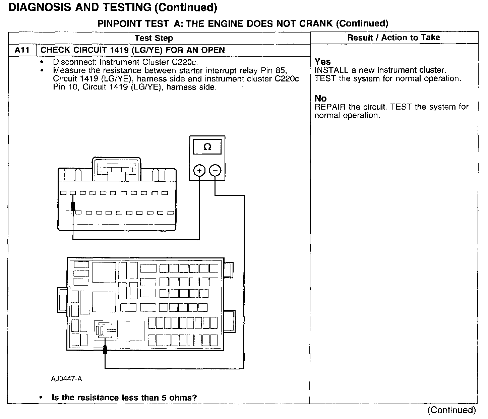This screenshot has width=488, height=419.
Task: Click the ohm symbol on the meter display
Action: pyautogui.click(x=207, y=147)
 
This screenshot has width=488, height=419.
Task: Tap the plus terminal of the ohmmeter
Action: pyautogui.click(x=199, y=171)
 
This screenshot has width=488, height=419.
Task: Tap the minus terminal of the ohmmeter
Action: pyautogui.click(x=215, y=171)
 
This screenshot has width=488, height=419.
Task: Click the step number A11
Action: pyautogui.click(x=22, y=50)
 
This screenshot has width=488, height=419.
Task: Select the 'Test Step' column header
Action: pyautogui.click(x=154, y=38)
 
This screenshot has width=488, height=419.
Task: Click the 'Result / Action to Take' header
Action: pyautogui.click(x=393, y=38)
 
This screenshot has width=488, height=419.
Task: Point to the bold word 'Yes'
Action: pyautogui.click(x=323, y=62)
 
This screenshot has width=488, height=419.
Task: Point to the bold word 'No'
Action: pyautogui.click(x=320, y=98)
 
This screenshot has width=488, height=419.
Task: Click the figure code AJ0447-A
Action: pyautogui.click(x=66, y=379)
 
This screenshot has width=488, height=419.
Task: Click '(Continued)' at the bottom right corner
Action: pyautogui.click(x=452, y=410)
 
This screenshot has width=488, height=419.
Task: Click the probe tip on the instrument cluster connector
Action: pyautogui.click(x=73, y=206)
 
